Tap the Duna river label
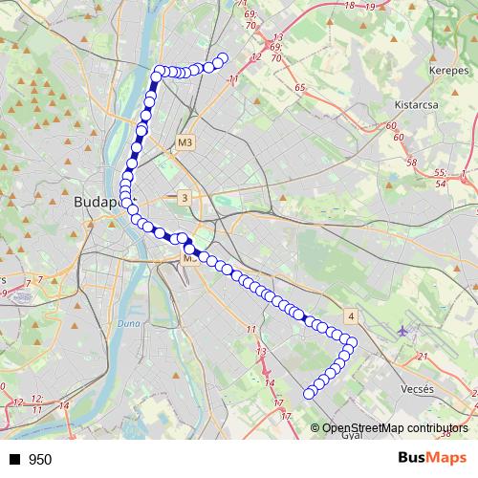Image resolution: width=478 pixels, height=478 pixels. (x=129, y=326)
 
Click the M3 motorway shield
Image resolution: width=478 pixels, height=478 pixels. (x=185, y=142)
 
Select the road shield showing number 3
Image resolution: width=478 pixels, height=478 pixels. (x=184, y=198)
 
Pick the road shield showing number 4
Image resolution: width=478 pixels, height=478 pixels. (x=351, y=315)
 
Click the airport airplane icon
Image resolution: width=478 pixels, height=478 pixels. (x=402, y=331)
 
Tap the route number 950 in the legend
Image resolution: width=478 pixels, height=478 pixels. (x=40, y=460)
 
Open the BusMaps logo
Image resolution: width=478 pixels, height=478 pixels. (x=431, y=458)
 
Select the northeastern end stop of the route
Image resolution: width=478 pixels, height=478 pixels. (x=224, y=58)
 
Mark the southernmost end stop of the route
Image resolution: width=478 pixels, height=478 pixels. (x=309, y=394)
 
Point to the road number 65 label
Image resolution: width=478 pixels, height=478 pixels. (x=299, y=87)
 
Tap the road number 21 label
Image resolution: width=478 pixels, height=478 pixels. (x=422, y=357)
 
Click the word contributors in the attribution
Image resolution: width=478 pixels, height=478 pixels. (x=439, y=428)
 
